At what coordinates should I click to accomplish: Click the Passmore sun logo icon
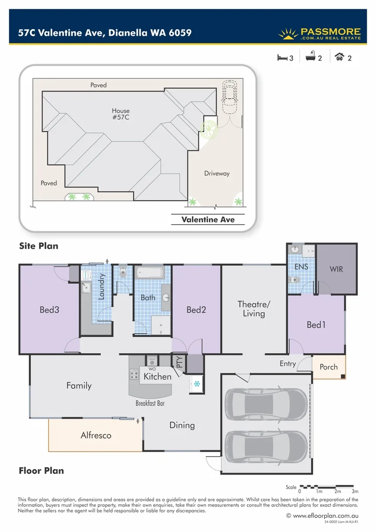(288, 34)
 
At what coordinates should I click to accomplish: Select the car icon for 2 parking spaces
(339, 57)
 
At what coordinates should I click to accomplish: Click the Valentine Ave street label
(208, 219)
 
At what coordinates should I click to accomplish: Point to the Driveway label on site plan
(217, 174)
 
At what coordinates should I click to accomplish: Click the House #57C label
(121, 114)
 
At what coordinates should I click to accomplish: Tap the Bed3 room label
(50, 310)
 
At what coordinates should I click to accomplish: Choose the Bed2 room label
(196, 310)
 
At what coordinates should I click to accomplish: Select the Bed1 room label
(316, 325)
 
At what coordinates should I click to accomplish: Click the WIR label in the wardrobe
(336, 269)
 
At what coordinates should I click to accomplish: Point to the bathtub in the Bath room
(150, 273)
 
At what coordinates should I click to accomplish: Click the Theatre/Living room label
(254, 309)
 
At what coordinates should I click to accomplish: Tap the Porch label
(328, 367)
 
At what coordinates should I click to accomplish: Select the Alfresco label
(96, 435)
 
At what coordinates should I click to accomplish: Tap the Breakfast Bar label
(150, 403)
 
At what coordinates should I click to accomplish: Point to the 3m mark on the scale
(355, 492)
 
